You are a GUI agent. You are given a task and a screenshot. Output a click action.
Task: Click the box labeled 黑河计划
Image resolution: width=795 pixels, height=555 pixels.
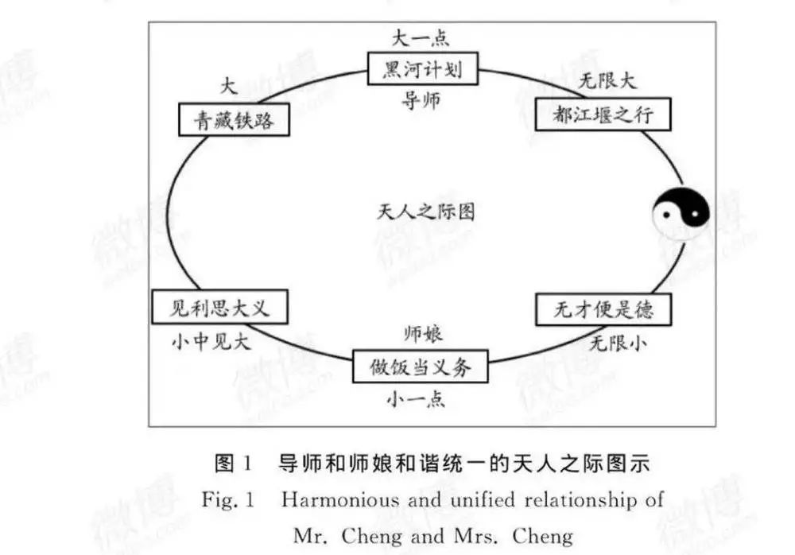click(x=423, y=68)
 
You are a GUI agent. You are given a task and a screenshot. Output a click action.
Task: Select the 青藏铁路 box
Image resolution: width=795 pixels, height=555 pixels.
click(x=235, y=120)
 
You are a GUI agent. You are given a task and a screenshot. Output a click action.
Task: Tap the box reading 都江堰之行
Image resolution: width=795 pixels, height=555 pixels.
click(x=603, y=114)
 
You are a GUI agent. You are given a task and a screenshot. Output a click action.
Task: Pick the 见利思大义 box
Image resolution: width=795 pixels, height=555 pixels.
click(x=219, y=307)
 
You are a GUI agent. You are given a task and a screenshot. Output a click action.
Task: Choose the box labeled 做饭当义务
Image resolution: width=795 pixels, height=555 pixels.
click(x=421, y=366)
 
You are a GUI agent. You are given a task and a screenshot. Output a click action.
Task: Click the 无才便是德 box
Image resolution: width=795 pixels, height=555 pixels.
click(x=603, y=309)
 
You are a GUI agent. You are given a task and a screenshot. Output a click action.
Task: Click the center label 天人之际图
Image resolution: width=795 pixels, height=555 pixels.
click(x=426, y=212)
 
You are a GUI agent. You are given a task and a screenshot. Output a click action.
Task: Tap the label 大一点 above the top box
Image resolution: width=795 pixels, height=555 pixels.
click(x=421, y=38)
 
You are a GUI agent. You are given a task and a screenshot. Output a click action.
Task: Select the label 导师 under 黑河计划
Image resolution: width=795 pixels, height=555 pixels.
click(x=421, y=100)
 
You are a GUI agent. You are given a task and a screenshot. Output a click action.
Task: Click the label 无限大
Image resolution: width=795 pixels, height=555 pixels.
click(x=607, y=80)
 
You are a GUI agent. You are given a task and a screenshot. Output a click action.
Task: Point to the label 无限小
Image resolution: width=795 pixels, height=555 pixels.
click(x=618, y=343)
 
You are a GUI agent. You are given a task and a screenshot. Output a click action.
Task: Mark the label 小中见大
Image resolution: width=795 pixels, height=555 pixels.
click(x=211, y=342)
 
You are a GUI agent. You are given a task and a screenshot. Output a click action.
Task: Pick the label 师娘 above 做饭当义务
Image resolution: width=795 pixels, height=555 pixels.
click(x=424, y=334)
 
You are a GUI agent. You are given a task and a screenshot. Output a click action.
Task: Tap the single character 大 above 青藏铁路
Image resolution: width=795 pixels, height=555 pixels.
click(x=229, y=85)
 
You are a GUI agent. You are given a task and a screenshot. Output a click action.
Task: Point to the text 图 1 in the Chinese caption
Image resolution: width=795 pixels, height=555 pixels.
click(x=233, y=464)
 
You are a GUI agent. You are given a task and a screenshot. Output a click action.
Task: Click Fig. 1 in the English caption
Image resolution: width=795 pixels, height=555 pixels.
click(x=227, y=499)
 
